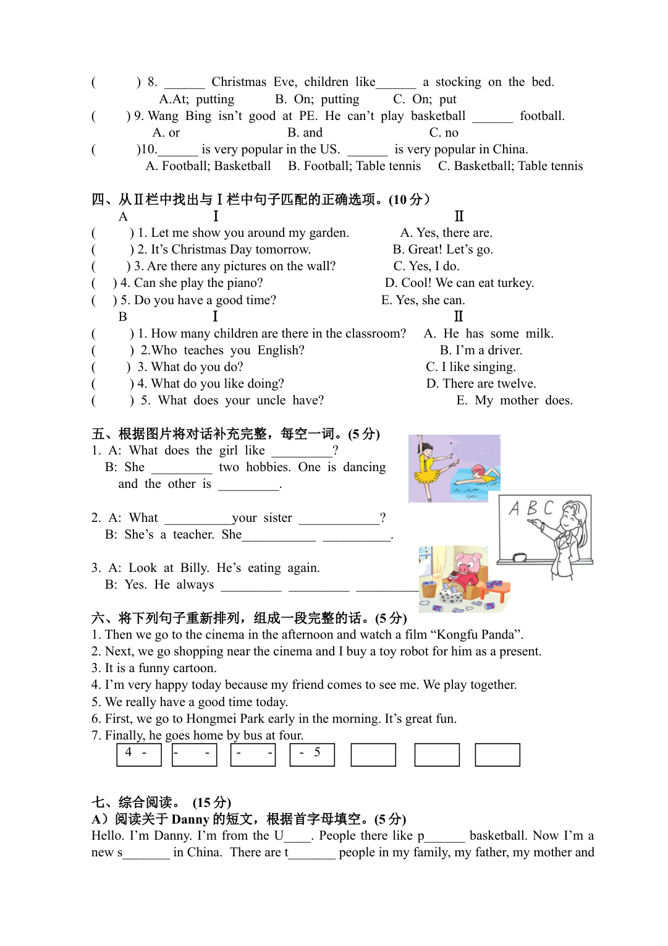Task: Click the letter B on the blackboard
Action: pyautogui.click(x=531, y=508)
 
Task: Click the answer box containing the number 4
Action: pyautogui.click(x=138, y=754)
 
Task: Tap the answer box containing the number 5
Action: pyautogui.click(x=312, y=754)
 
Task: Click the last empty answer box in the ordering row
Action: pyautogui.click(x=497, y=754)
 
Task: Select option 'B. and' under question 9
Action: pyautogui.click(x=305, y=132)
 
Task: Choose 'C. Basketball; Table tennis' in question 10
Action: pyautogui.click(x=510, y=166)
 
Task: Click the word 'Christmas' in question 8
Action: pyautogui.click(x=239, y=82)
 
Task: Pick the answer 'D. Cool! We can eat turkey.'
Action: pyautogui.click(x=459, y=283)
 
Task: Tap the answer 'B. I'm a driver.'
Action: pyautogui.click(x=481, y=350)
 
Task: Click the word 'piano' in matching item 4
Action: pyautogui.click(x=244, y=283)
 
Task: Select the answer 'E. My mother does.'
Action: pyautogui.click(x=514, y=400)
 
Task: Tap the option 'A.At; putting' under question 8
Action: pyautogui.click(x=197, y=99)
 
